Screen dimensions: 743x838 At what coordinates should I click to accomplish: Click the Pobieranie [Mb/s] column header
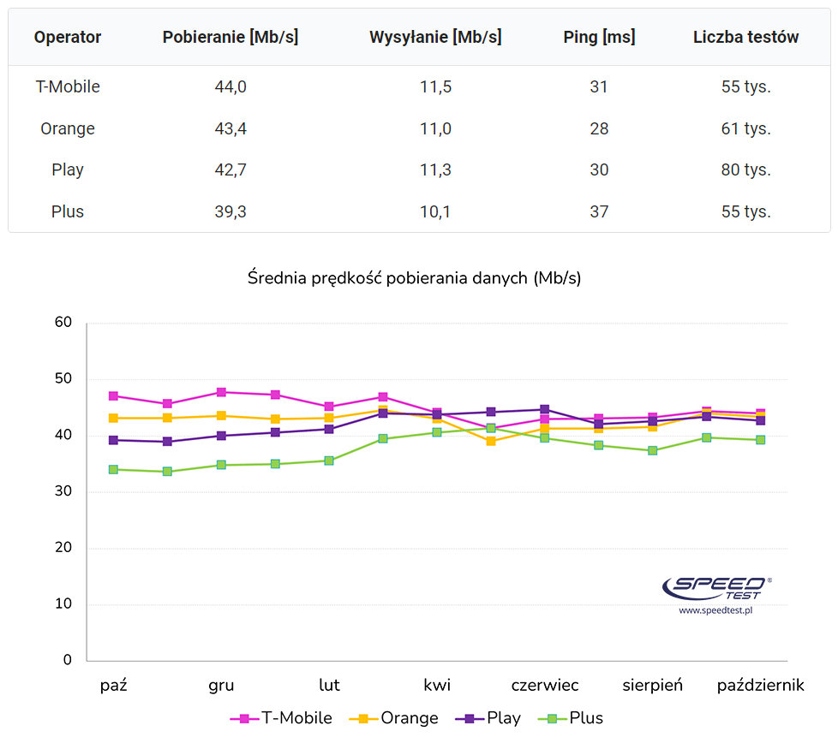230,37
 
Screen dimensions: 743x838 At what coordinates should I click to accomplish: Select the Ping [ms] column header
599,37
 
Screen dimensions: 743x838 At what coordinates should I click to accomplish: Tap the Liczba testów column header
745,37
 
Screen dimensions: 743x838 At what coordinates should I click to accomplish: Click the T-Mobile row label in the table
68,86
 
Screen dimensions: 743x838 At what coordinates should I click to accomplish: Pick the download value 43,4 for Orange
230,128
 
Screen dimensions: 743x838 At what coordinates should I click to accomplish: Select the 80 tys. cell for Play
745,169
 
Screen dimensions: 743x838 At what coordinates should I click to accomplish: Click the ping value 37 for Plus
599,211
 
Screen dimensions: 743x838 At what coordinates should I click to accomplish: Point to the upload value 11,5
435,86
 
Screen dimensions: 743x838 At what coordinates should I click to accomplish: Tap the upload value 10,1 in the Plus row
435,211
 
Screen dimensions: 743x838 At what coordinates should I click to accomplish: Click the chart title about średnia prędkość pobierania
415,278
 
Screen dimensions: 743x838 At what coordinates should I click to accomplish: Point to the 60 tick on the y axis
63,323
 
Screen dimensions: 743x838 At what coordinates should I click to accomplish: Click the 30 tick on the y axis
63,492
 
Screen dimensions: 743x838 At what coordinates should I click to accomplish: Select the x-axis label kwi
437,685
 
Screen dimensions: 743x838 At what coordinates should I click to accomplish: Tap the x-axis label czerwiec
545,685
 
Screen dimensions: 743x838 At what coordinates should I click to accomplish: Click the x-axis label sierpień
653,685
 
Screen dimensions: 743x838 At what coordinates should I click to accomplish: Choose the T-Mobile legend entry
283,718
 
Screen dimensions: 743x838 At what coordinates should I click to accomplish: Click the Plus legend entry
572,718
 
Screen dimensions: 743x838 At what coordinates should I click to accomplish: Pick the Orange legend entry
395,718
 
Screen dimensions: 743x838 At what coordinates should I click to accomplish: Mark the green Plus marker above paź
114,469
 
